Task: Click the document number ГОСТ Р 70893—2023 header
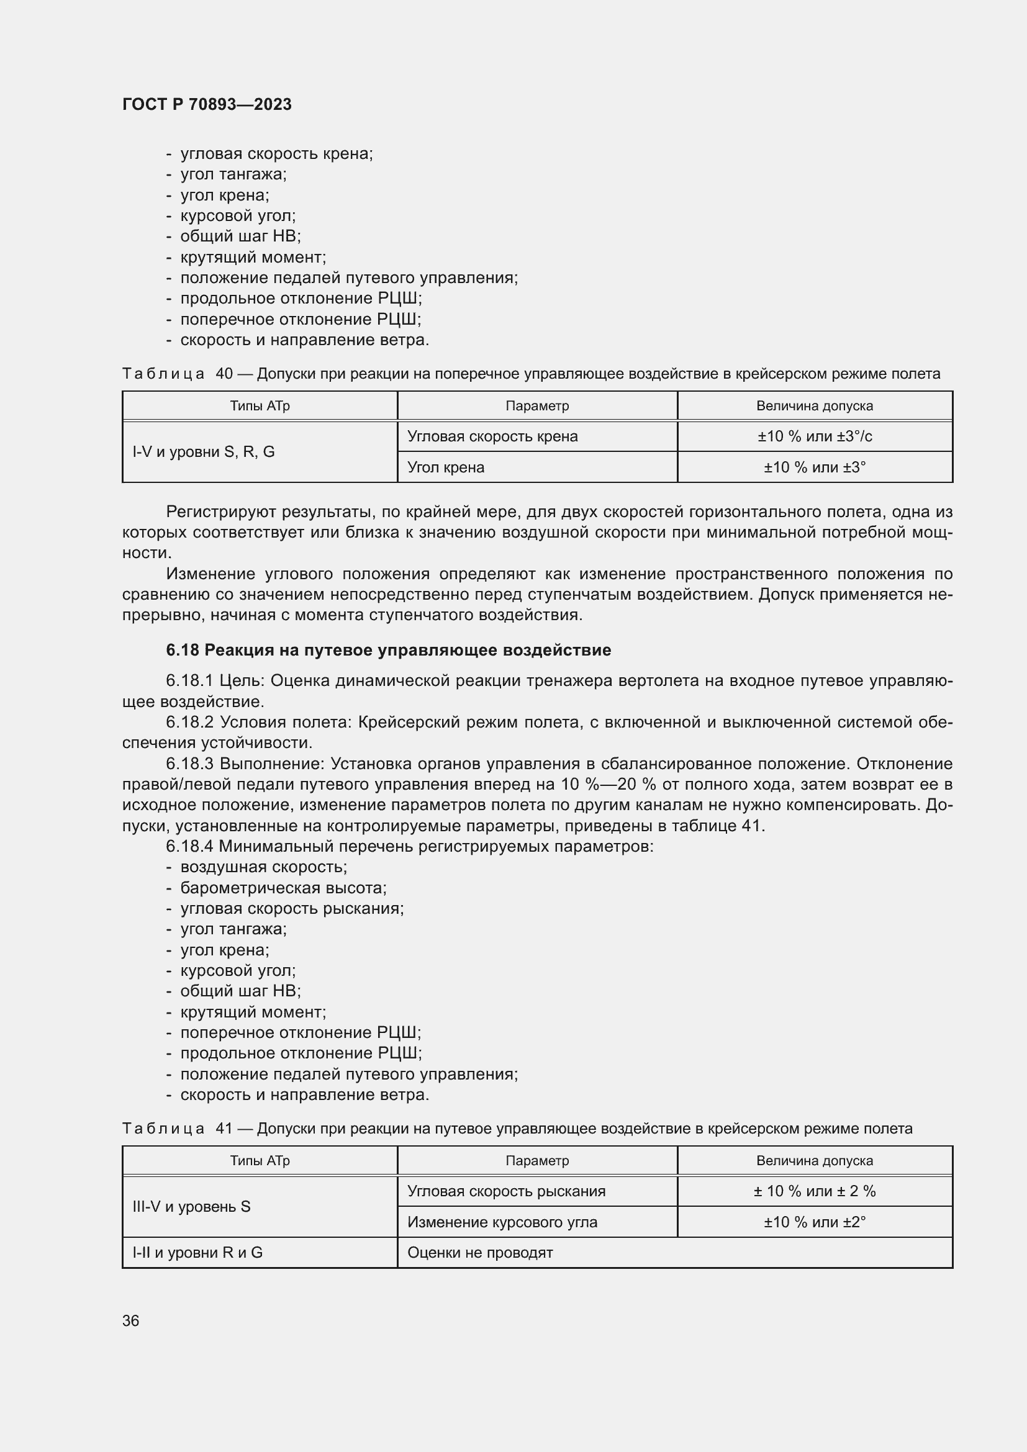coord(207,104)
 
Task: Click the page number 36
coord(130,1320)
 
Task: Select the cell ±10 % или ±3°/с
coord(815,436)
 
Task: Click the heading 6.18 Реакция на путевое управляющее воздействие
coord(388,650)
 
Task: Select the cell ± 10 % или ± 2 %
coord(815,1191)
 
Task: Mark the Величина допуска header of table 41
coord(815,1160)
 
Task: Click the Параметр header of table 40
coord(537,406)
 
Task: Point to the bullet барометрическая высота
coord(283,888)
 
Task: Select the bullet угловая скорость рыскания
coord(292,908)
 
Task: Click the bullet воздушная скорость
coord(264,867)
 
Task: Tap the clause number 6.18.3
coord(190,764)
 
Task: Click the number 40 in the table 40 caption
coord(224,374)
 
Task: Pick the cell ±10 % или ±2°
coord(815,1222)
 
